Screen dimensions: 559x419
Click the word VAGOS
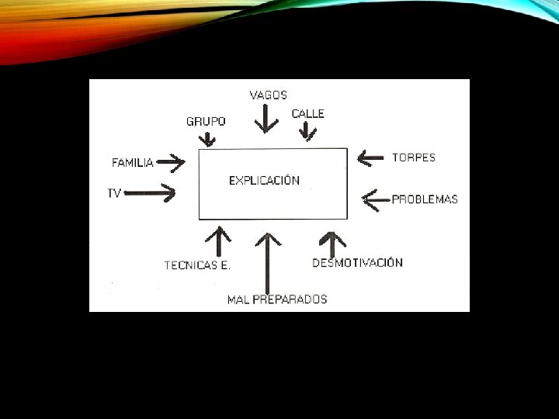point(268,95)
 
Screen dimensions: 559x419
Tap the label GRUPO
point(206,122)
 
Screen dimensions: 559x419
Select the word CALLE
point(307,114)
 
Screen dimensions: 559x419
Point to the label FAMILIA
point(133,163)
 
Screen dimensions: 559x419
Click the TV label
point(114,193)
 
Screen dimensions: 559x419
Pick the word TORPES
point(414,158)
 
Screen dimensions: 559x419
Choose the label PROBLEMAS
point(425,199)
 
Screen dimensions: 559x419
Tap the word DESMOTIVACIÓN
point(357,263)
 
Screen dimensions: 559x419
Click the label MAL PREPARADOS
point(277,299)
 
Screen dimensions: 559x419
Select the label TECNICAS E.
point(197,265)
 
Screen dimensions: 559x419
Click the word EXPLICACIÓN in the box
point(264,180)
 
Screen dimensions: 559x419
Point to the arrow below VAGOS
point(267,119)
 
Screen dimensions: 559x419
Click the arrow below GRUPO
point(207,140)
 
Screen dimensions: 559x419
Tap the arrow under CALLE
point(308,133)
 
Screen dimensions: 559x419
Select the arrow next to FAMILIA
point(171,163)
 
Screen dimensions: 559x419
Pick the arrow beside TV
point(151,193)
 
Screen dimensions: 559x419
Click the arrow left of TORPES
point(370,158)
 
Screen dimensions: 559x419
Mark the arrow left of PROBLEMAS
point(377,200)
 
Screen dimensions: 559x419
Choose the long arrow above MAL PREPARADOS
point(268,261)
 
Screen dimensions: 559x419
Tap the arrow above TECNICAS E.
point(220,241)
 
